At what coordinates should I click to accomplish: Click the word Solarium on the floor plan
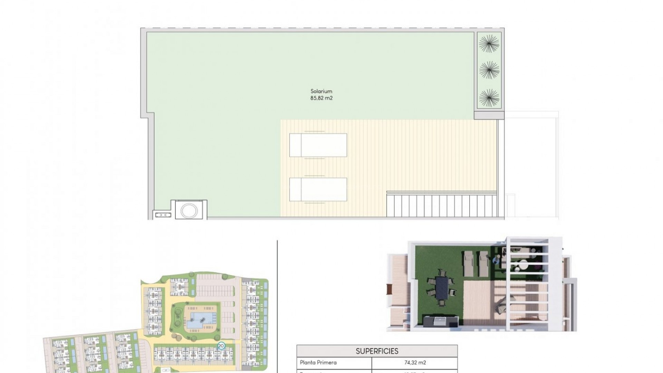[x=321, y=91]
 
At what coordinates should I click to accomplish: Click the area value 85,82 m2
[x=321, y=98]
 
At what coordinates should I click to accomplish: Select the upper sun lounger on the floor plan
[x=318, y=145]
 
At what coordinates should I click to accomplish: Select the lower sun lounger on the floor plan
[x=318, y=189]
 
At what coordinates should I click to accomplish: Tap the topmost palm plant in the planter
[x=489, y=44]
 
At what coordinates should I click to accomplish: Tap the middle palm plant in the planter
[x=489, y=70]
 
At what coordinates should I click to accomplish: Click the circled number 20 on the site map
[x=221, y=345]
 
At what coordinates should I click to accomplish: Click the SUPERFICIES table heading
[x=377, y=351]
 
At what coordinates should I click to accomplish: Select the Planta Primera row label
[x=318, y=363]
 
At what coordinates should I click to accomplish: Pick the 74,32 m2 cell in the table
[x=414, y=363]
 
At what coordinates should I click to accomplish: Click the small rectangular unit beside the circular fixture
[x=163, y=215]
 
